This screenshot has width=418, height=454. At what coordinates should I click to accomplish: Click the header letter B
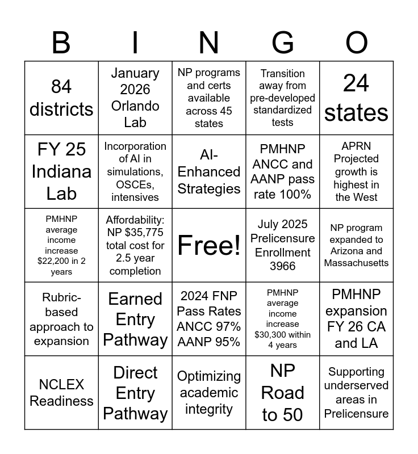point(61,43)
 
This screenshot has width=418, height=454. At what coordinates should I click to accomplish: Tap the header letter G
point(283,43)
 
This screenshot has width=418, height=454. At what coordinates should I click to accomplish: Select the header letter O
point(357,43)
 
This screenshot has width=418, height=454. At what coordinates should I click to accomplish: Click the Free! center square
point(209,245)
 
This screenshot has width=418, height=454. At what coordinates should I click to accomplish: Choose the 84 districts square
point(61,98)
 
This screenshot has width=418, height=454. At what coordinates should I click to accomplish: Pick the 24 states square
point(357,98)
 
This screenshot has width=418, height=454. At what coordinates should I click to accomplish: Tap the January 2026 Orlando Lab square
point(135,98)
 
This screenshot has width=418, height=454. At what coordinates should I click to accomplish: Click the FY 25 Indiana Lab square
point(61,171)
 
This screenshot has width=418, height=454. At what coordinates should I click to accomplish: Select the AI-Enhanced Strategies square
point(209,171)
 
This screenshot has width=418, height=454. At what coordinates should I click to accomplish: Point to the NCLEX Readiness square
point(61,393)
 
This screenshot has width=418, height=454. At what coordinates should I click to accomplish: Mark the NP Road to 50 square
point(283,393)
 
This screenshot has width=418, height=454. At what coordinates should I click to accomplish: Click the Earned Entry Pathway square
point(135,319)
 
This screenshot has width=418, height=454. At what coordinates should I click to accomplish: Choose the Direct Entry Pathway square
point(135,393)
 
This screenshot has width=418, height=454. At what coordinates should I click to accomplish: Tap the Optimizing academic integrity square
point(209,393)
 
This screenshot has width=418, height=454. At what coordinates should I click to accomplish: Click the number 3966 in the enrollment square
point(283,266)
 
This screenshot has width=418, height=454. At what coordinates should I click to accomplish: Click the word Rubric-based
point(61,305)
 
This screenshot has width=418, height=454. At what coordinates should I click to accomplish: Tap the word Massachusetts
point(357,263)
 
